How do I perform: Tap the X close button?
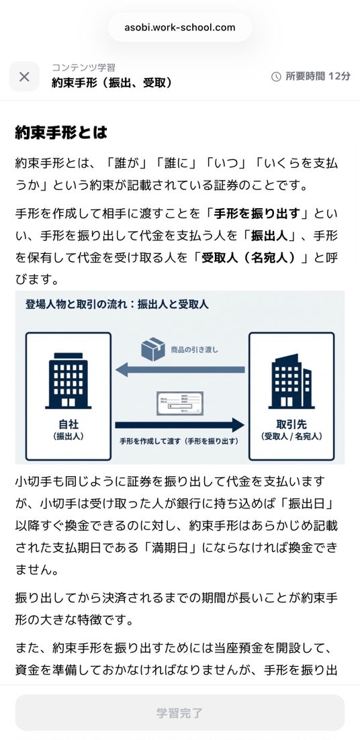tap(25, 77)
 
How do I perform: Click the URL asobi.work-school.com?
tap(180, 27)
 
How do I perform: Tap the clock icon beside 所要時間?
tap(276, 77)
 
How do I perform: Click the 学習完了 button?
tap(180, 712)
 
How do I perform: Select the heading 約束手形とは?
tap(61, 132)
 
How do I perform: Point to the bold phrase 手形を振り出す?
tap(257, 214)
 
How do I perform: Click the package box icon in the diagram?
tap(153, 349)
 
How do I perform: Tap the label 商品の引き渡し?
tap(194, 350)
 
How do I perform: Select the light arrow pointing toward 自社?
tap(180, 369)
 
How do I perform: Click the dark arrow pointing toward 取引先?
tap(180, 425)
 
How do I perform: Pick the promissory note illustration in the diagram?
tap(180, 403)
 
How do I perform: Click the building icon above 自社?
tap(69, 380)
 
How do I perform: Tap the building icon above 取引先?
tap(291, 381)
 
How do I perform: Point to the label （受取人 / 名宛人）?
tap(291, 436)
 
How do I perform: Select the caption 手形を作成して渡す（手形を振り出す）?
tap(179, 441)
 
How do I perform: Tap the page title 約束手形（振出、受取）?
tap(111, 83)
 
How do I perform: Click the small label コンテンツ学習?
tap(83, 68)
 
